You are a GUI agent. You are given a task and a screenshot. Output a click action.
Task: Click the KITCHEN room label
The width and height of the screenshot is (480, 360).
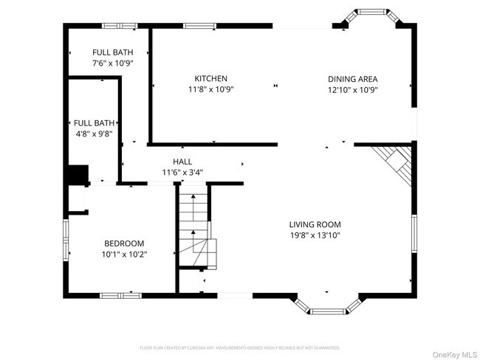210,79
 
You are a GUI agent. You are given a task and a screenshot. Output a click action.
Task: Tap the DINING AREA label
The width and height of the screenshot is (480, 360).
353,79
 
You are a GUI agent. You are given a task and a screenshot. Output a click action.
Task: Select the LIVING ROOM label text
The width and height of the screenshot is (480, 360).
315,224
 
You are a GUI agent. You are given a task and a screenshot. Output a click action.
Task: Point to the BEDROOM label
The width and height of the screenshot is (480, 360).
124,243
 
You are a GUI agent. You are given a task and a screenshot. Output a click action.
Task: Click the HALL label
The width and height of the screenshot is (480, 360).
182,162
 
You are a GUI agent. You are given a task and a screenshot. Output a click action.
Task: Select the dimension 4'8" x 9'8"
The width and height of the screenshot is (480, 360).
92,134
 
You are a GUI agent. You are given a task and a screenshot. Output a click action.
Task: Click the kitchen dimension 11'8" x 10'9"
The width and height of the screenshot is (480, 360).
210,90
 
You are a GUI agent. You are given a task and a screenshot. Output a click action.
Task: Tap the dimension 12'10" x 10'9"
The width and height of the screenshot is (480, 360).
353,90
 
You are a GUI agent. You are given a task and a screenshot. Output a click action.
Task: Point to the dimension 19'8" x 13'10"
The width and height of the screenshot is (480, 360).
315,235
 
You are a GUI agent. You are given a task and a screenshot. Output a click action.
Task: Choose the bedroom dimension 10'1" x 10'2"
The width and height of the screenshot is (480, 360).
124,255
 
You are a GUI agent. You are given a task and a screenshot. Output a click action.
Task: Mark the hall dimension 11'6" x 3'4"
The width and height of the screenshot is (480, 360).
182,173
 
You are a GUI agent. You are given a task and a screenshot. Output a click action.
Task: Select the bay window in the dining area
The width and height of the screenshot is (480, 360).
369,17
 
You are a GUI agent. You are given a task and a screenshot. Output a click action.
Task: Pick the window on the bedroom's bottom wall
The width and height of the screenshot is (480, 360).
120,296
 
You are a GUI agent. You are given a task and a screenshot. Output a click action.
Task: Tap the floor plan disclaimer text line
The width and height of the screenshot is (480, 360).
240,347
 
